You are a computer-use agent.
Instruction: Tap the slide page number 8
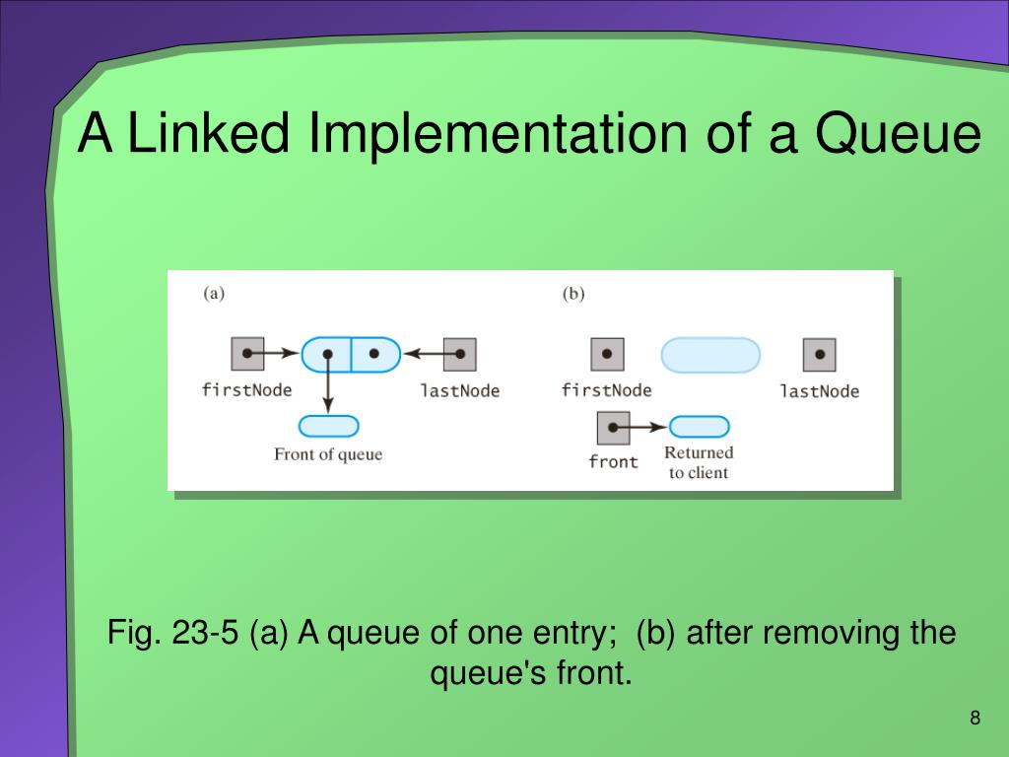[975, 718]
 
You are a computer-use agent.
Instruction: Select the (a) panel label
[214, 293]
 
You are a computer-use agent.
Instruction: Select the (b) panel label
[573, 293]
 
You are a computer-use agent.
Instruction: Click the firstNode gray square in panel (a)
[247, 354]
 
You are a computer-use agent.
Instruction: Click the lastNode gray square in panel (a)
[459, 354]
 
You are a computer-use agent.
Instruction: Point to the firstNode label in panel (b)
[606, 390]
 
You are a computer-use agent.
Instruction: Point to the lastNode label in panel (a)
[459, 390]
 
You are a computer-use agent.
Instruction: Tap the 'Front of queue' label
[328, 454]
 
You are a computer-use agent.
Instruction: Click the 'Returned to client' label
[699, 462]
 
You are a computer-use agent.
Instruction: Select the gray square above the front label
[613, 428]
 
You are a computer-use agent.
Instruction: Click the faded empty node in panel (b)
[709, 355]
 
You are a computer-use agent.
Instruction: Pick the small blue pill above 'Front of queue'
[328, 427]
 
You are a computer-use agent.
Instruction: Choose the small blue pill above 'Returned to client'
[699, 427]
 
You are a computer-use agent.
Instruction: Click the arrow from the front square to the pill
[645, 428]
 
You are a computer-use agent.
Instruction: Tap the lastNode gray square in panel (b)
[819, 355]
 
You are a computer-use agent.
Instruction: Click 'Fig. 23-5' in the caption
[172, 632]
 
